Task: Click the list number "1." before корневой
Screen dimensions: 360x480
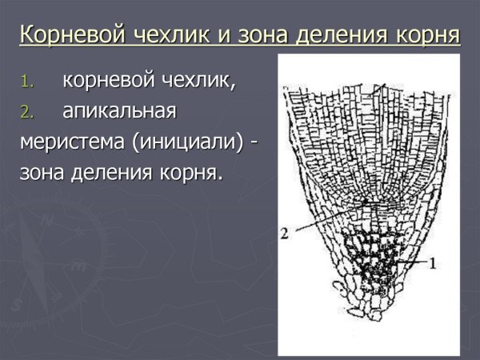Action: click(30, 82)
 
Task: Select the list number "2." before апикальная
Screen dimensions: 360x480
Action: click(30, 113)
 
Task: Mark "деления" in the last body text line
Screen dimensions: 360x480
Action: click(114, 172)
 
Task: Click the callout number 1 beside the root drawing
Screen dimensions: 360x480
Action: click(433, 262)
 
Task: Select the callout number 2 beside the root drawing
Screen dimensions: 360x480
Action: click(284, 234)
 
